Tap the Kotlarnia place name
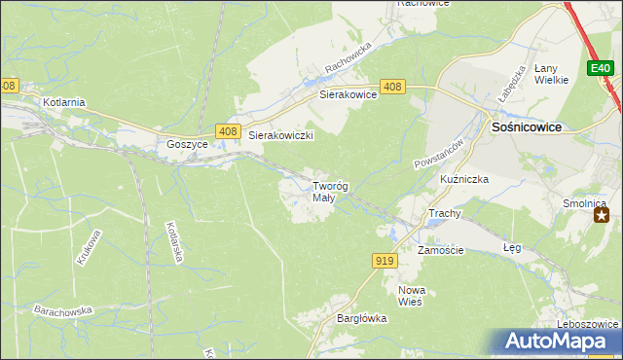64,101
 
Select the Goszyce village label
188,143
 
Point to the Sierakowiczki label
280,136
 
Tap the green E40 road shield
600,68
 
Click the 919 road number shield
384,260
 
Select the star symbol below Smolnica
604,215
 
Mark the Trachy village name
444,213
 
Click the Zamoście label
440,250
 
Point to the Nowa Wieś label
413,296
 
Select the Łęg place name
512,248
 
